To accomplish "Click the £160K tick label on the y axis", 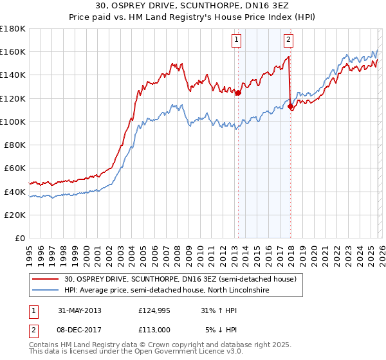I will pos(13,51).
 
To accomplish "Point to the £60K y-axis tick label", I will pos(15,168).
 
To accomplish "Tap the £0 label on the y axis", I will pos(21,238).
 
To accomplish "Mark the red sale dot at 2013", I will pos(238,93).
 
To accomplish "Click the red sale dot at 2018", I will pos(290,107).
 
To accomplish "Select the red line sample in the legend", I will pos(47,279).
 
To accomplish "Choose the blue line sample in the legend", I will pos(47,290).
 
